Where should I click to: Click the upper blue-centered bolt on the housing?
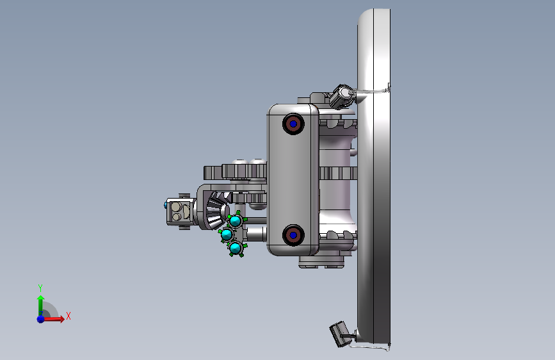293,124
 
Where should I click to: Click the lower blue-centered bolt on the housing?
293,234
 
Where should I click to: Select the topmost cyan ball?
236,221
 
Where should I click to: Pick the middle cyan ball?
227,234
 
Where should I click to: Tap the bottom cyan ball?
236,248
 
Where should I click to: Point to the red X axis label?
68,316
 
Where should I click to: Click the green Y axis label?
40,288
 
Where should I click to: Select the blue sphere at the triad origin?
41,319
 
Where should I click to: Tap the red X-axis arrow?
53,319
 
